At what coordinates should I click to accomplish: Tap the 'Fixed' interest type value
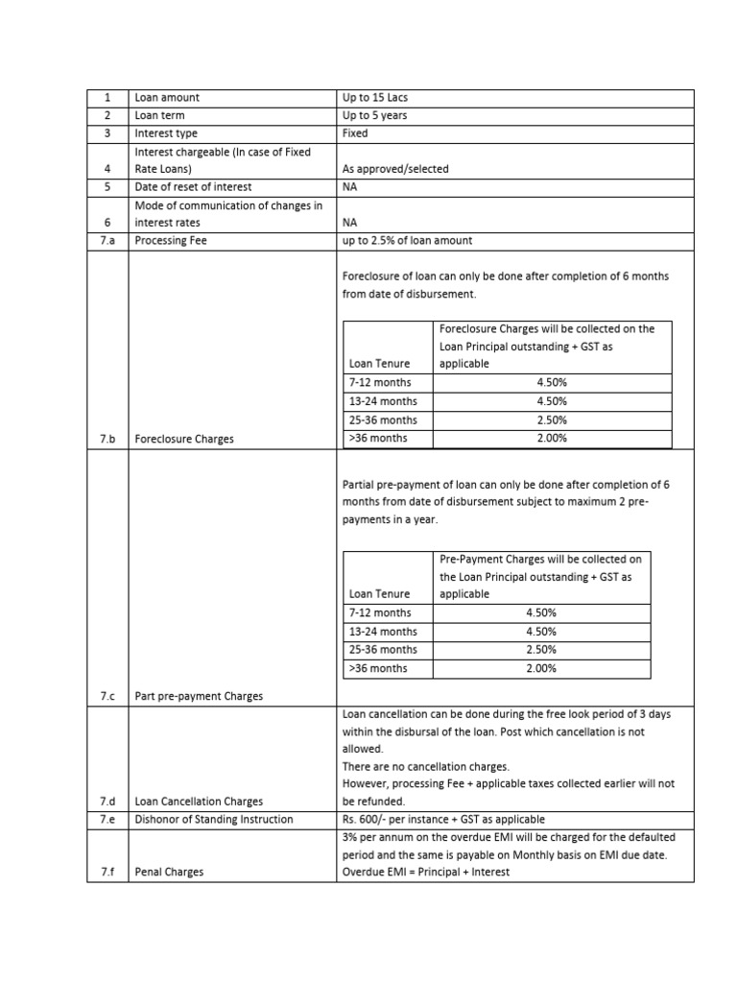tap(355, 133)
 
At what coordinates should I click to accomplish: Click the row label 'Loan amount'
tap(167, 98)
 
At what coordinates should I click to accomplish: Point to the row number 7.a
tap(107, 241)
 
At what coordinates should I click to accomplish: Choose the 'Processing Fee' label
tap(172, 241)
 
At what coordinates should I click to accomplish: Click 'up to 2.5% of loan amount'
tap(407, 241)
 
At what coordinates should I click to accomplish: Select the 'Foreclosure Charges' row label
tap(184, 439)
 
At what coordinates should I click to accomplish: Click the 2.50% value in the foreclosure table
tap(552, 420)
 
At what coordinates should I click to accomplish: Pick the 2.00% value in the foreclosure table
tap(552, 438)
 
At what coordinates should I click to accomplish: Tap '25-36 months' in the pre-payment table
tap(383, 650)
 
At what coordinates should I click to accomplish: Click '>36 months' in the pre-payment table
tap(378, 668)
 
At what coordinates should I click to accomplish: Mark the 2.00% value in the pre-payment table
tap(541, 668)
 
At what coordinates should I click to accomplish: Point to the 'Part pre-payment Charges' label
tap(199, 696)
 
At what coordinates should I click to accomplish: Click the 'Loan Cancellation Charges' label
tap(199, 801)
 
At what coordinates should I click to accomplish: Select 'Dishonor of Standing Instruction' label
tap(214, 819)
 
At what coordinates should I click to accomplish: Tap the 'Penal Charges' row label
tap(169, 872)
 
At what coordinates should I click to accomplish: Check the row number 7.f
tap(107, 872)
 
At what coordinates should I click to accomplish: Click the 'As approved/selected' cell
tap(395, 169)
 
